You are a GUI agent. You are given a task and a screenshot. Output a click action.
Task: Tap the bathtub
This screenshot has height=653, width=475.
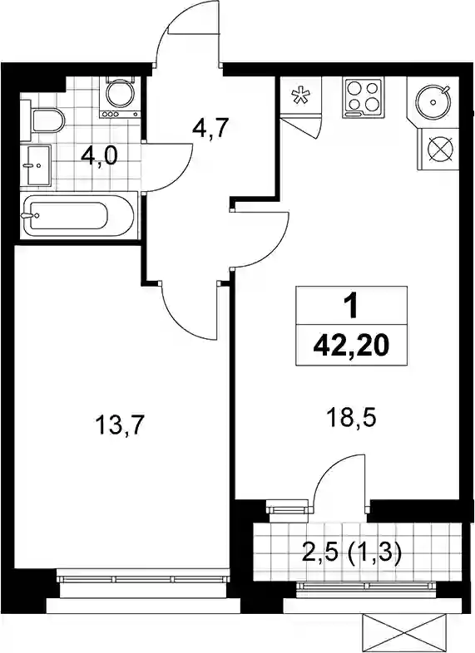tap(79, 216)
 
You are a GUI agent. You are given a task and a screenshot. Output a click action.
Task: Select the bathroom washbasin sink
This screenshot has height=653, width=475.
tap(36, 165)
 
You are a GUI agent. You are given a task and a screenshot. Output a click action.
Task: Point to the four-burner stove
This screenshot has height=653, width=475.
tap(363, 97)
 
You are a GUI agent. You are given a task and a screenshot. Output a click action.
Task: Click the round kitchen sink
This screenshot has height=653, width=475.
tap(433, 101)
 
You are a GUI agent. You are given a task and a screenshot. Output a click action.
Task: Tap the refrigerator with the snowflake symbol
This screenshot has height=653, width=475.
tap(300, 96)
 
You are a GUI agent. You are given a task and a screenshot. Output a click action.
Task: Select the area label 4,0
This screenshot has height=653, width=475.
tap(99, 157)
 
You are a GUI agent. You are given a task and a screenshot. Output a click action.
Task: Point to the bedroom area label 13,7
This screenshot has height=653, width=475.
tap(120, 425)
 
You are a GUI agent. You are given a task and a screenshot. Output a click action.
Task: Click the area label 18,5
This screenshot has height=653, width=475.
tap(352, 418)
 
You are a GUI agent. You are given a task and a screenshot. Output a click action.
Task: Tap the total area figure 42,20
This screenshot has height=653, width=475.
tap(351, 346)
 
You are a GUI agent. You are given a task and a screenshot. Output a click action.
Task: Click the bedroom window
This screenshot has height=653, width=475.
tap(142, 579)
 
